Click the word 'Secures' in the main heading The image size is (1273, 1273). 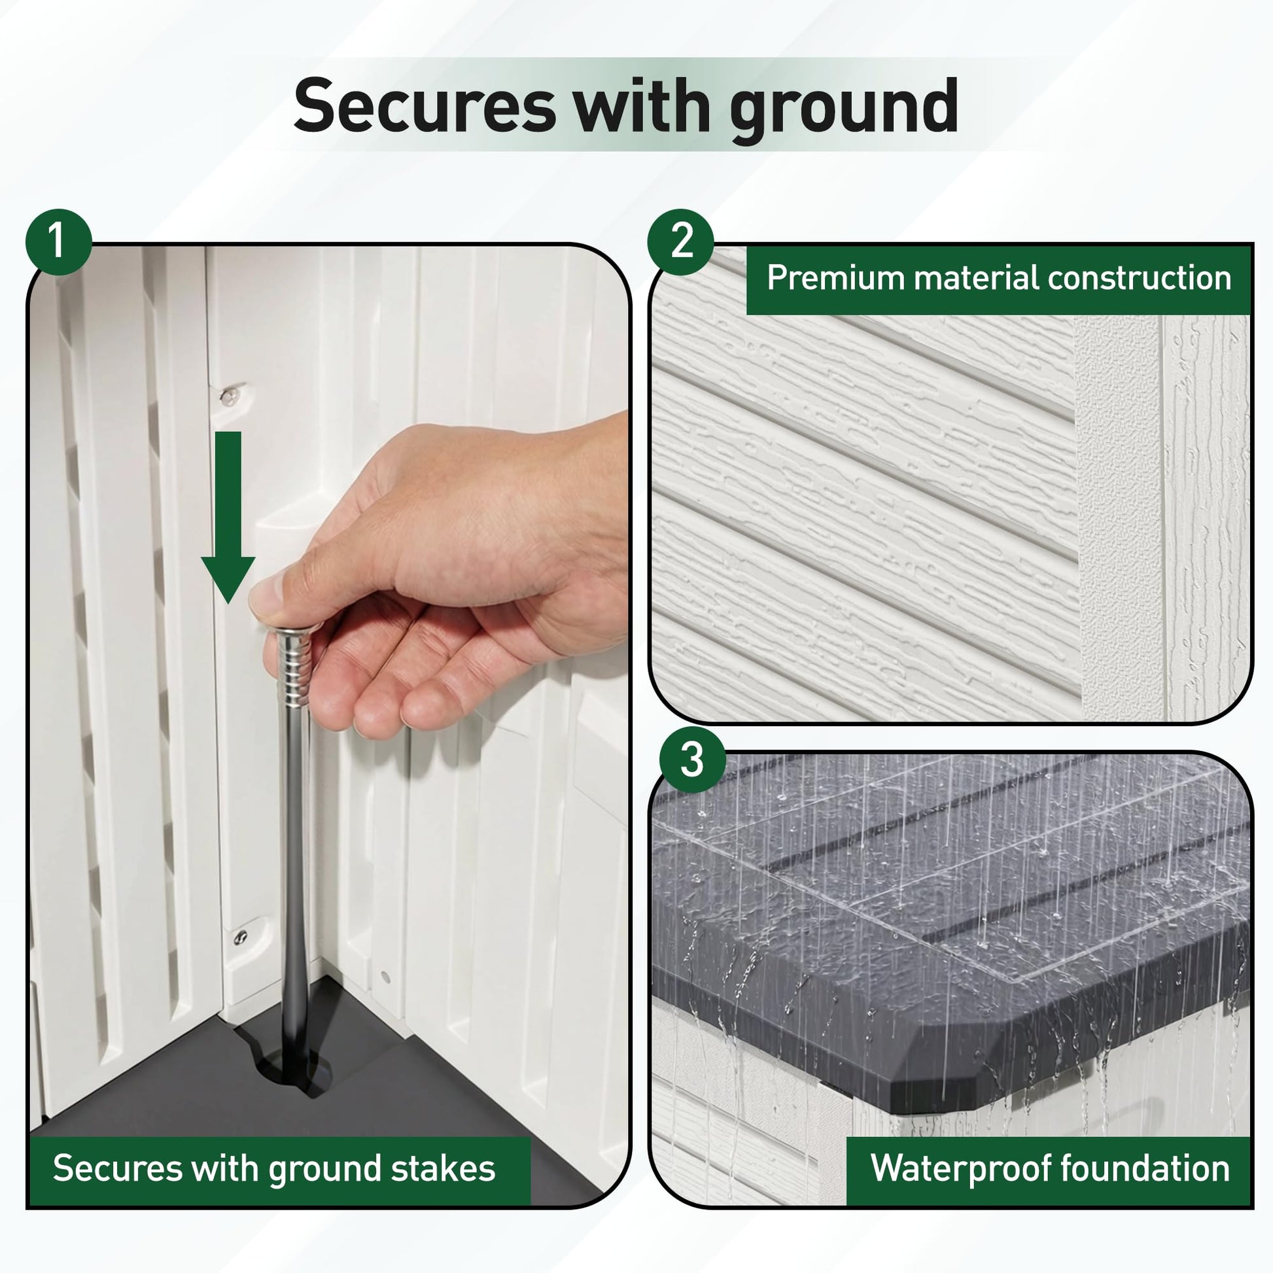click(425, 105)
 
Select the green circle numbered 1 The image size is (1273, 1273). click(58, 242)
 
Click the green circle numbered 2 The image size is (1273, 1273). click(681, 242)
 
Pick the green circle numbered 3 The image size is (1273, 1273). click(692, 759)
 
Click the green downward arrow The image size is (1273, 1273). click(228, 517)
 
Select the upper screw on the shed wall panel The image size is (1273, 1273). click(229, 396)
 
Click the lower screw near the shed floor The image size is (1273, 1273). click(241, 935)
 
